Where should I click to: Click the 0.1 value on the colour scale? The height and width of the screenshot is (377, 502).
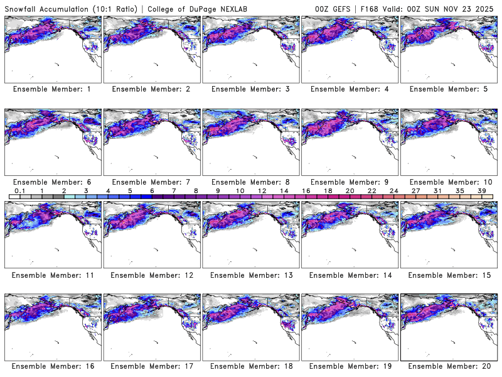click(20, 190)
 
